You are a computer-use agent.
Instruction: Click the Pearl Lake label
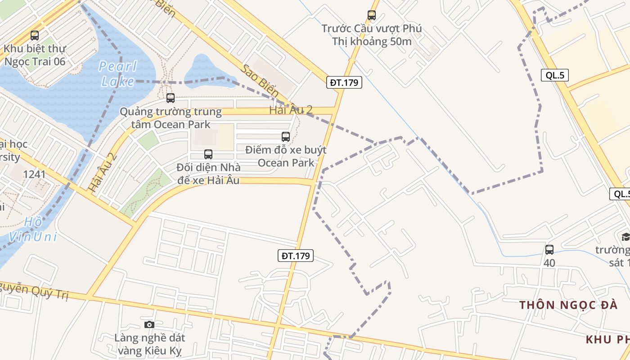pyautogui.click(x=118, y=74)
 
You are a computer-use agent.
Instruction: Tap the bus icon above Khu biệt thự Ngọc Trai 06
pyautogui.click(x=35, y=36)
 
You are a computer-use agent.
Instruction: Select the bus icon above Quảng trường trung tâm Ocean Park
pyautogui.click(x=170, y=98)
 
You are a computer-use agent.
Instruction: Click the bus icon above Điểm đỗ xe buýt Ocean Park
pyautogui.click(x=285, y=137)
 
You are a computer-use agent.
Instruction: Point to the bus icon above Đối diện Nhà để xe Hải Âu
pyautogui.click(x=208, y=154)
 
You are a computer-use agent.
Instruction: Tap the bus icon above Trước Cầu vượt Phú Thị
pyautogui.click(x=371, y=15)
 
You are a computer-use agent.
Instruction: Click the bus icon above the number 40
pyautogui.click(x=549, y=250)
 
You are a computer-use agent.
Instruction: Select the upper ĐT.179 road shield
pyautogui.click(x=344, y=82)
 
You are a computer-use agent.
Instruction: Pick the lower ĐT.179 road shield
pyautogui.click(x=295, y=256)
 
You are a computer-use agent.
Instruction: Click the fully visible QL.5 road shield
pyautogui.click(x=555, y=75)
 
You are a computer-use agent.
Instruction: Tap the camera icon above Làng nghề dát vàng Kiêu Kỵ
pyautogui.click(x=149, y=324)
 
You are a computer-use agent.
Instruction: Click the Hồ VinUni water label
pyautogui.click(x=33, y=229)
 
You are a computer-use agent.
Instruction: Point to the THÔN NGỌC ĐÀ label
pyautogui.click(x=568, y=305)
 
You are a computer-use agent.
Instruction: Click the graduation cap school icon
pyautogui.click(x=625, y=237)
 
